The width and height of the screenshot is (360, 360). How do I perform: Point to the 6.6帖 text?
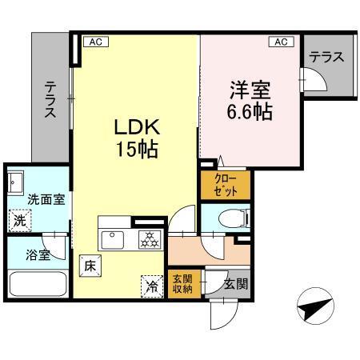pyautogui.click(x=249, y=112)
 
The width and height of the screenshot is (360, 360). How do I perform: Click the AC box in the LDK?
pyautogui.click(x=94, y=42)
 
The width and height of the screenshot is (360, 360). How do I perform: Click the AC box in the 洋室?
pyautogui.click(x=282, y=42)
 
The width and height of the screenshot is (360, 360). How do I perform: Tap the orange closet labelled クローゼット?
pyautogui.click(x=226, y=186)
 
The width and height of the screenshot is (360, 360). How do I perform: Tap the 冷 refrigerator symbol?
pyautogui.click(x=150, y=282)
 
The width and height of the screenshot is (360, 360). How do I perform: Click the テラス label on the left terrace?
pyautogui.click(x=50, y=99)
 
